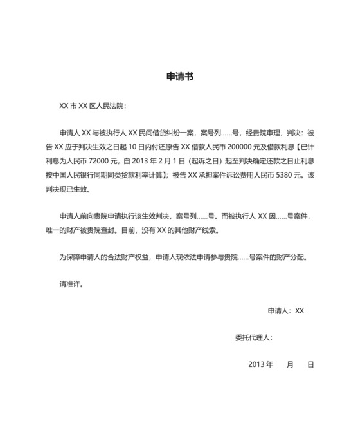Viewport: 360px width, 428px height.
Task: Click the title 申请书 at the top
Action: coord(179,76)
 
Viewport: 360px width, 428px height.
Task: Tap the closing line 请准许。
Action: coord(71,283)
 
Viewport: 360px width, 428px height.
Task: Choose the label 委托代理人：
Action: coord(254,337)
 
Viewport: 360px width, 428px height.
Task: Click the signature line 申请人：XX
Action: coord(285,310)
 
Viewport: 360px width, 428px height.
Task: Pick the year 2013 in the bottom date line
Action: coord(256,364)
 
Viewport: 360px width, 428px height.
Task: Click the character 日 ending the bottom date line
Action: coord(310,364)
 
